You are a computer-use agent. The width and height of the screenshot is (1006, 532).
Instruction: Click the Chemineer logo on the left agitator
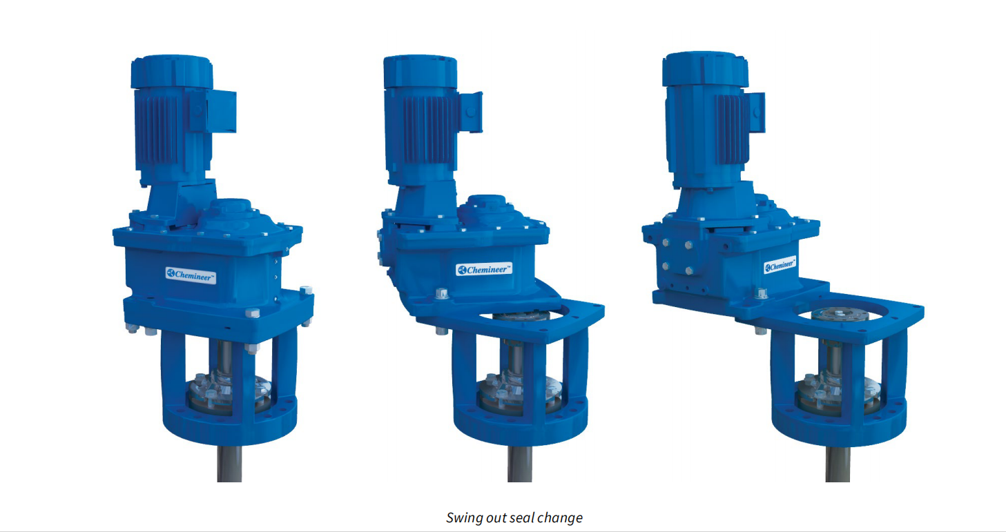pos(191,275)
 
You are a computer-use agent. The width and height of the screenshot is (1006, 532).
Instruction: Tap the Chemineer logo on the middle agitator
pos(484,269)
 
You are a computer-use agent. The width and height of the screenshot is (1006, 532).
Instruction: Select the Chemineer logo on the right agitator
pos(780,265)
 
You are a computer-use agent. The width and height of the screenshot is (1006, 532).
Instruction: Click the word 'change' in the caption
pos(560,518)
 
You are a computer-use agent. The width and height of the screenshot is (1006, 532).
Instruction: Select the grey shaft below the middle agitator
pos(520,464)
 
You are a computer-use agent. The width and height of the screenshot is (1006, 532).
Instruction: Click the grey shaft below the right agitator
pos(838,464)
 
